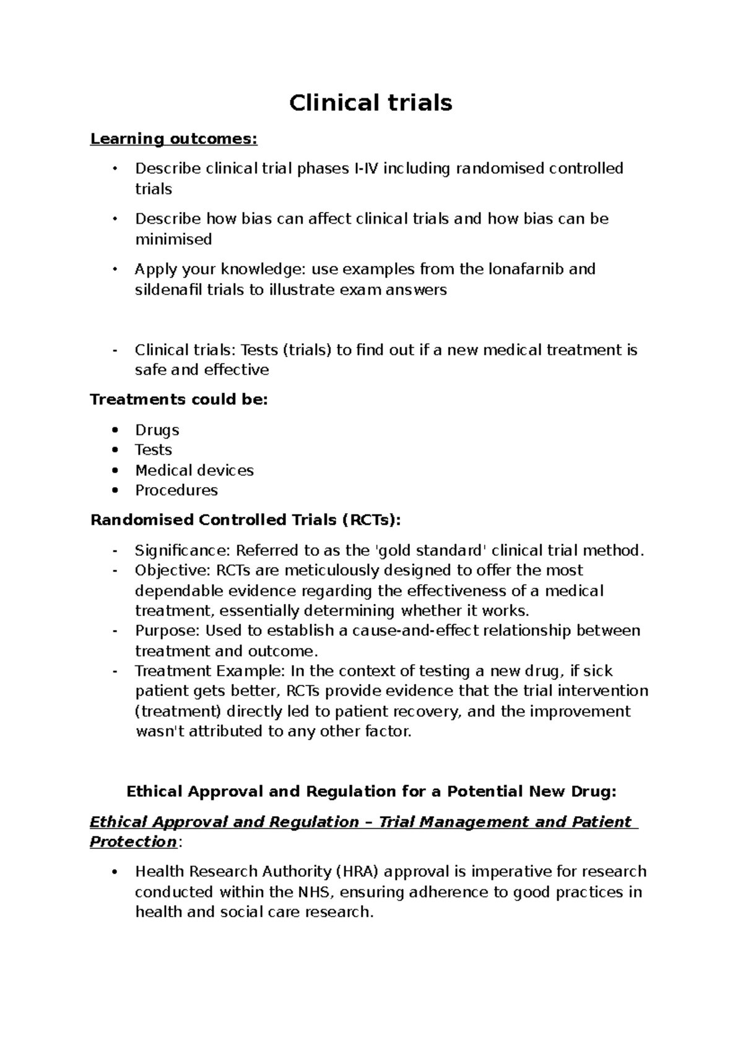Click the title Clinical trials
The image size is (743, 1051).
[371, 103]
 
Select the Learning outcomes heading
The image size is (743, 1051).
[173, 139]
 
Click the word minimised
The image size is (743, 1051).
[173, 239]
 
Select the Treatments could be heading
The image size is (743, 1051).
[179, 400]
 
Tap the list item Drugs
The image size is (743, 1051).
[157, 430]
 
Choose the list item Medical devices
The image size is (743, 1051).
[194, 470]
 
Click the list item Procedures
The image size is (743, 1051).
[176, 490]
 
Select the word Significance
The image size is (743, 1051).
[182, 551]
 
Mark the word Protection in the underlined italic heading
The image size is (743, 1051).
[133, 842]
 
